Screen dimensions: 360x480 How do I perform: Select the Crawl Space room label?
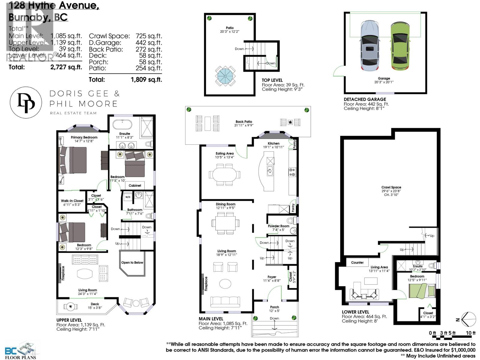point(391,187)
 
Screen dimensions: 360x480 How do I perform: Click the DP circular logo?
point(26,102)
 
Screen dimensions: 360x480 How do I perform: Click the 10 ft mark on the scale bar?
point(470,333)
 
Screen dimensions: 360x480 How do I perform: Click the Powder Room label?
point(278,226)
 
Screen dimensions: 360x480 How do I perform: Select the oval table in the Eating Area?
point(225,174)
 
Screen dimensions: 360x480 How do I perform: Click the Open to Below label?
point(132,262)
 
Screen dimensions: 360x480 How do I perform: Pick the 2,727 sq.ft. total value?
point(66,67)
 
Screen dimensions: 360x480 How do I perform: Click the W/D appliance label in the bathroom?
point(128,197)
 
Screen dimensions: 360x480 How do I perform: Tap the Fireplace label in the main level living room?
point(206,283)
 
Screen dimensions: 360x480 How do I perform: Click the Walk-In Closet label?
point(72,201)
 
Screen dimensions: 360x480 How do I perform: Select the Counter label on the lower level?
point(357,262)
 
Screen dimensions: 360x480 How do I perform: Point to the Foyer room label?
point(272,277)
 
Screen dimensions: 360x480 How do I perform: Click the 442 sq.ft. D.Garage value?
point(148,43)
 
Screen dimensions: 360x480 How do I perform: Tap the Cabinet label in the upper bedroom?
point(135,185)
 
